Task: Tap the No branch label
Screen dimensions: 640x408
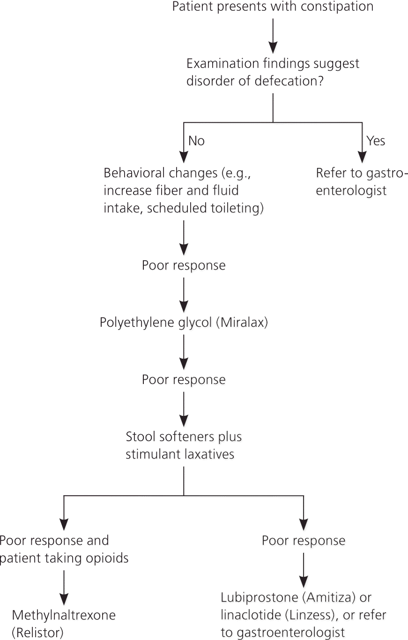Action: point(196,141)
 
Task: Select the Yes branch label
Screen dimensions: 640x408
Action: point(376,141)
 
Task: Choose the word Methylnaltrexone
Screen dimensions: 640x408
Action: point(64,615)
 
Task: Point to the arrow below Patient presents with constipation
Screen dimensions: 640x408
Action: point(273,36)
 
